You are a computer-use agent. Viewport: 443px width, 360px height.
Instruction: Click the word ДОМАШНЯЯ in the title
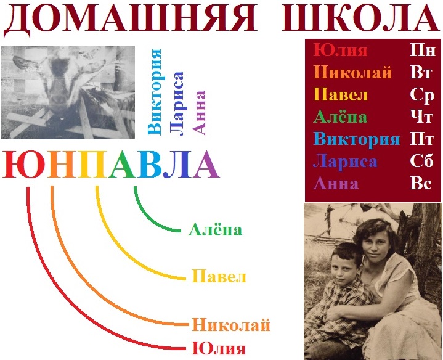tap(129, 17)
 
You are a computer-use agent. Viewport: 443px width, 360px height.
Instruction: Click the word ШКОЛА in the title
tap(361, 17)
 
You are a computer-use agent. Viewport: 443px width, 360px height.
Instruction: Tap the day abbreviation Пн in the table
tap(422, 51)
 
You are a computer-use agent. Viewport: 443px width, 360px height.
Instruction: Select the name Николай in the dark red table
tap(352, 73)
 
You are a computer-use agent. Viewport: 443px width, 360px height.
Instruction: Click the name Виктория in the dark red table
tap(357, 139)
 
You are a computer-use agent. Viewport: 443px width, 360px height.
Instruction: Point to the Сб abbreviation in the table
tap(421, 161)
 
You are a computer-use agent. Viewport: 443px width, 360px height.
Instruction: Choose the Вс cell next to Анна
tap(421, 183)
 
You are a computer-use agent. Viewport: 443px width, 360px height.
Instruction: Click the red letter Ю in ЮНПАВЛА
tap(24, 164)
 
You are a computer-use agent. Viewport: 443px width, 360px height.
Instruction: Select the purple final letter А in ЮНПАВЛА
tap(206, 164)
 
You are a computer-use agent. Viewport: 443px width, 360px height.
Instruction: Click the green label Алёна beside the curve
tap(215, 229)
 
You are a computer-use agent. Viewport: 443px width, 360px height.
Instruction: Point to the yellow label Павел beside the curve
tap(219, 276)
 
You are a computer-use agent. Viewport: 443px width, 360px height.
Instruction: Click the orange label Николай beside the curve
tap(231, 325)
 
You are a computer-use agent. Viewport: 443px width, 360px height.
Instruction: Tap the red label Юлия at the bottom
tap(219, 348)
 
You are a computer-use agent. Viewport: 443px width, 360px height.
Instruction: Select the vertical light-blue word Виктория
tap(154, 92)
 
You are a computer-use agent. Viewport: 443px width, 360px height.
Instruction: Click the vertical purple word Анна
tap(198, 113)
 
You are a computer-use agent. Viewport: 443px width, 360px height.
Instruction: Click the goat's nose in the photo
tap(59, 99)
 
